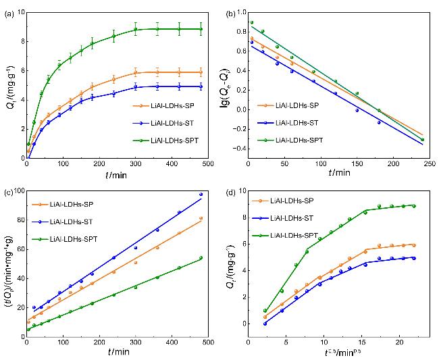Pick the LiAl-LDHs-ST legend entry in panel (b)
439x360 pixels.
[x=301, y=122]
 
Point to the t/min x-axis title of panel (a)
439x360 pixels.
[x=116, y=173]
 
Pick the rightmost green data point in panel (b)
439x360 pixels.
[x=423, y=140]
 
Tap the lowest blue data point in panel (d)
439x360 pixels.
[x=265, y=324]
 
